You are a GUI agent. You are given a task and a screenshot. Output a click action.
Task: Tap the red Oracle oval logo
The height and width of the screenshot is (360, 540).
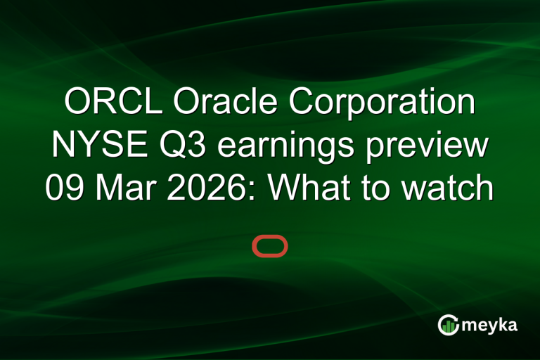point(270,246)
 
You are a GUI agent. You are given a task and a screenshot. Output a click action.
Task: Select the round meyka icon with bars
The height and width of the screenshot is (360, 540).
point(449,325)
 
